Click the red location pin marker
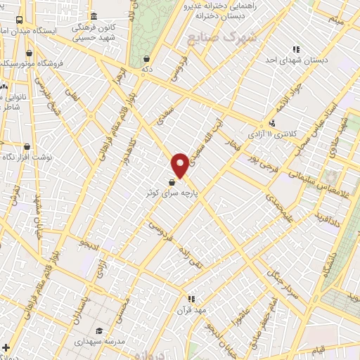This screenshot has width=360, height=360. tap(181, 165)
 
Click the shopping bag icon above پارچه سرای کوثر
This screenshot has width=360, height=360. tap(173, 181)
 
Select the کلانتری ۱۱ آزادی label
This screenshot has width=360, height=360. tap(274, 133)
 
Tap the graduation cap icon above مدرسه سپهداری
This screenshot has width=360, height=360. tap(99, 330)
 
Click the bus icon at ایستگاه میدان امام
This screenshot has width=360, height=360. tap(19, 20)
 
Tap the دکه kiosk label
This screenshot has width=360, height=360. tap(146, 70)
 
